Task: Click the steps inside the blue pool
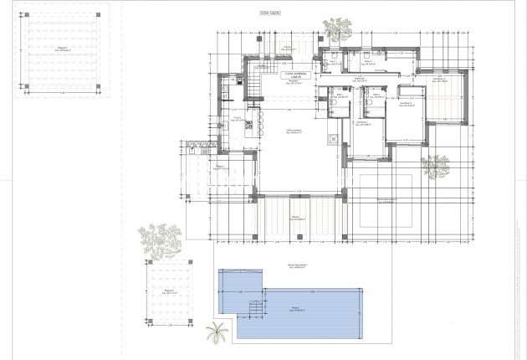(249, 312)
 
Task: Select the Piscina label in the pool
(294, 308)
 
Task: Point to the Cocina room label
(238, 119)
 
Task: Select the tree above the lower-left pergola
(160, 238)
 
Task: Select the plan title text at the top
(268, 14)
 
